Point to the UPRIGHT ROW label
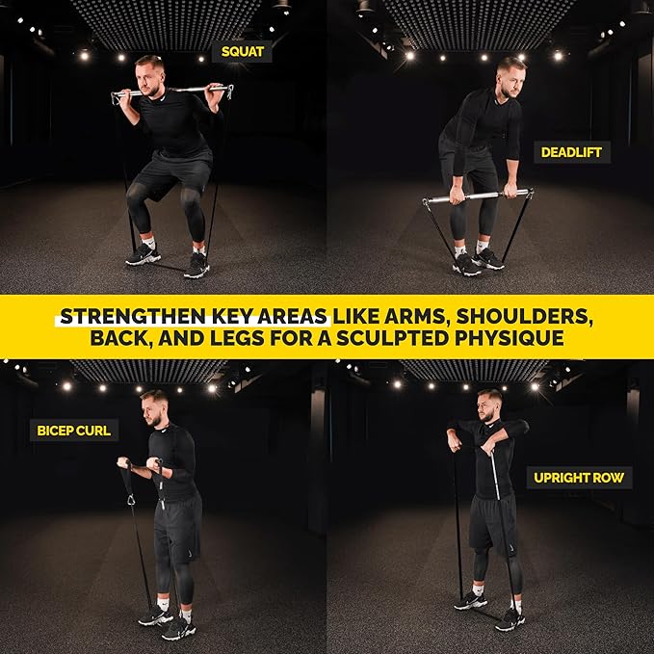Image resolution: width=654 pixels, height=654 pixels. [581, 478]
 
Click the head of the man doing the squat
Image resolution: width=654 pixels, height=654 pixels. [149, 71]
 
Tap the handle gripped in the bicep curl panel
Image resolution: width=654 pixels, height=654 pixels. [125, 462]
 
